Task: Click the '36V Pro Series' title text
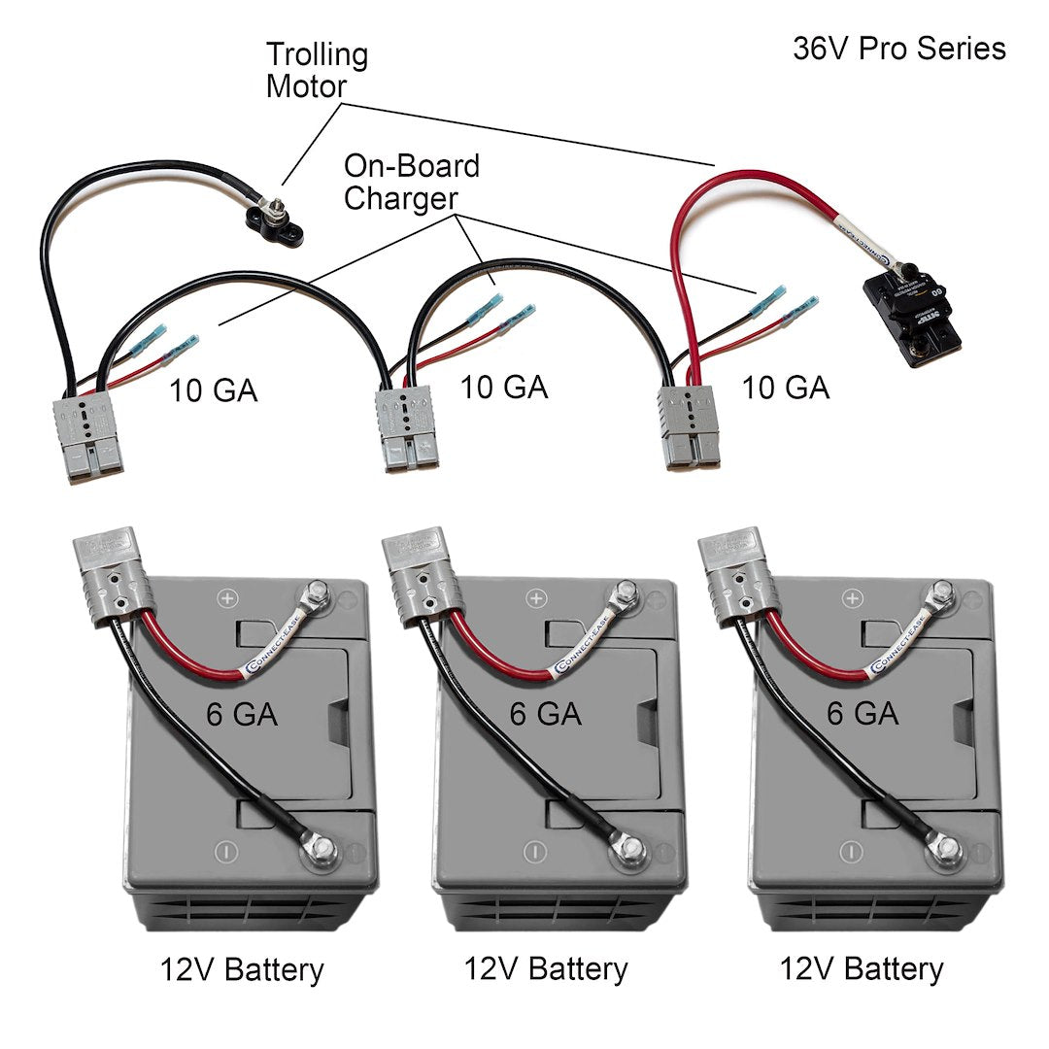[x=898, y=49]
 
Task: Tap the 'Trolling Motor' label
[x=317, y=70]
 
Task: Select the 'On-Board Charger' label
[x=411, y=182]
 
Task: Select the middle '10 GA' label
[x=503, y=386]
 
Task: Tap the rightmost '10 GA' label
[x=785, y=387]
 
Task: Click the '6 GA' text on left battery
[x=242, y=714]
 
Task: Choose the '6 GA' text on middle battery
[x=545, y=714]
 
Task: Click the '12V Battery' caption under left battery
[x=242, y=968]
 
